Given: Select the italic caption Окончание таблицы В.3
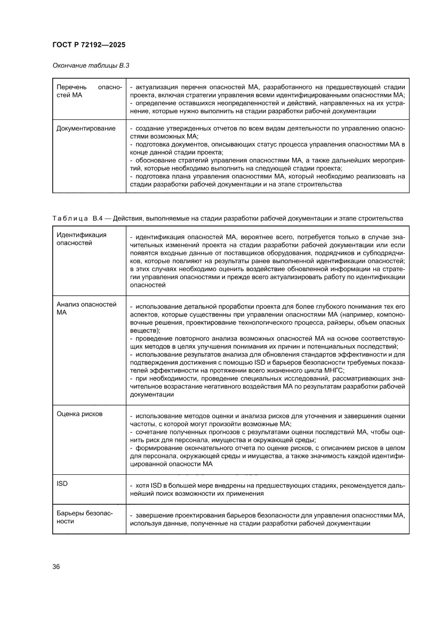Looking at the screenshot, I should coord(91,66).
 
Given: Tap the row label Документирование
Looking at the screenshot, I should coord(85,128).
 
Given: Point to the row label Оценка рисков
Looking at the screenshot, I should coord(79,413).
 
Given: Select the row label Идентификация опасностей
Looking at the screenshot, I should coord(82,239).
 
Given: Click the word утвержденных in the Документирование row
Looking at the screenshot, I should coord(183,129).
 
